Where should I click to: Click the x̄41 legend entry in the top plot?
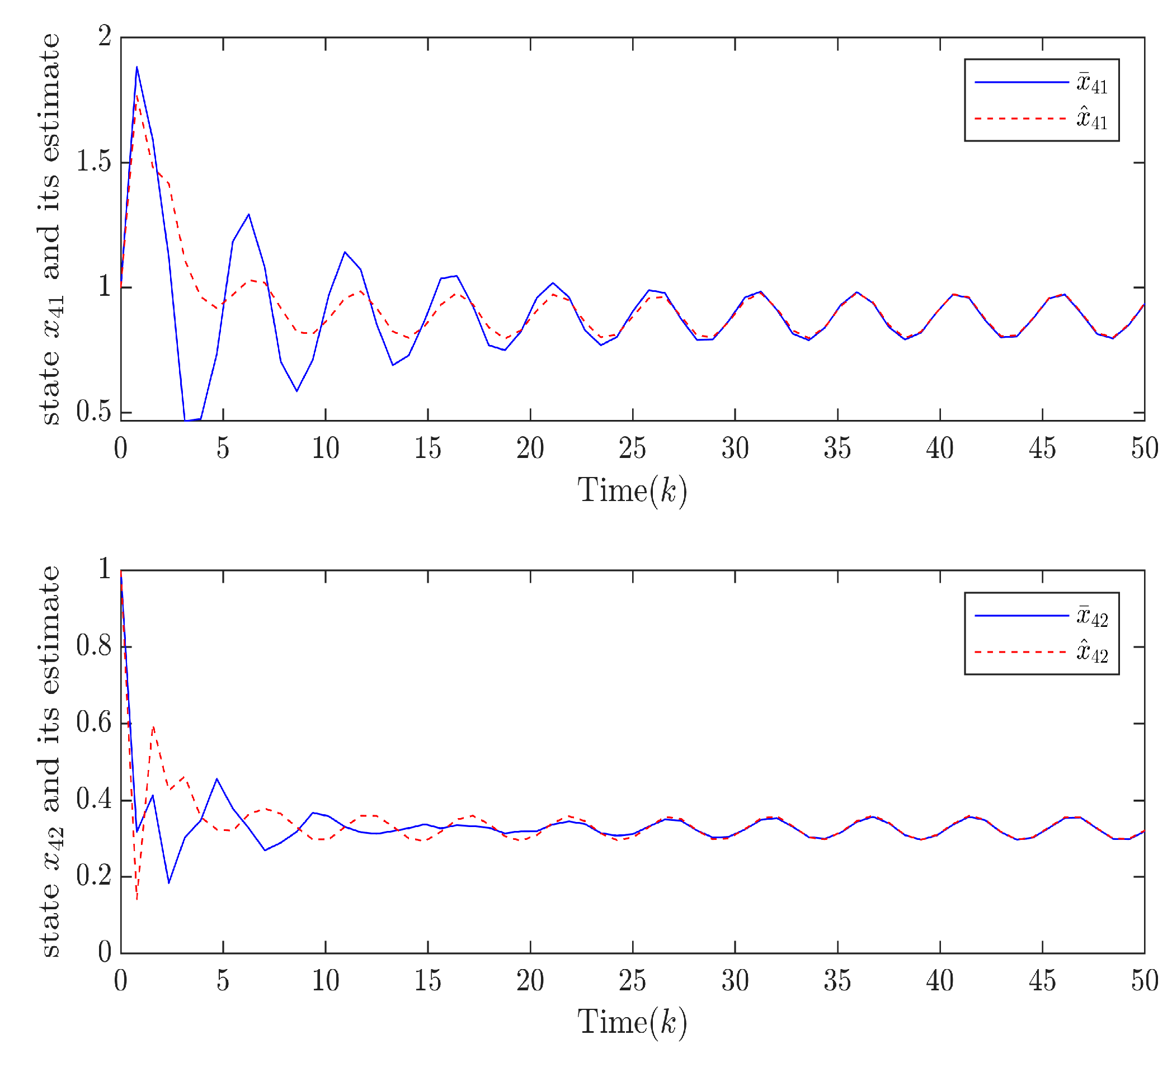pyautogui.click(x=1041, y=83)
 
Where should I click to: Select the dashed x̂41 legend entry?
pyautogui.click(x=1041, y=119)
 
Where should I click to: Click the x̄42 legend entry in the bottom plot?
pyautogui.click(x=1041, y=616)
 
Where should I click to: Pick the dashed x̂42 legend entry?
pyautogui.click(x=1041, y=652)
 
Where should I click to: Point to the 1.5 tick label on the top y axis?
pyautogui.click(x=94, y=162)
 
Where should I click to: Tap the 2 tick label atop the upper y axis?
pyautogui.click(x=105, y=37)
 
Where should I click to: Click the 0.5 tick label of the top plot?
pyautogui.click(x=94, y=412)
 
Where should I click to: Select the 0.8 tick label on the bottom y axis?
pyautogui.click(x=94, y=646)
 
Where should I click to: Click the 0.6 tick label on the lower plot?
pyautogui.click(x=94, y=723)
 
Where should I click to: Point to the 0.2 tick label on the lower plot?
pyautogui.click(x=94, y=876)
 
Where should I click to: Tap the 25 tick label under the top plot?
pyautogui.click(x=633, y=448)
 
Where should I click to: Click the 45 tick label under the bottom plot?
pyautogui.click(x=1042, y=981)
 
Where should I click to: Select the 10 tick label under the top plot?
pyautogui.click(x=326, y=448)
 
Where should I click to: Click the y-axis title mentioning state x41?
pyautogui.click(x=51, y=229)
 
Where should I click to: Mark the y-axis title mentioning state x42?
pyautogui.click(x=51, y=761)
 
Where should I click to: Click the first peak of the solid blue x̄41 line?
pyautogui.click(x=137, y=67)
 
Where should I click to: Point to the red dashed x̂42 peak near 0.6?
pyautogui.click(x=153, y=727)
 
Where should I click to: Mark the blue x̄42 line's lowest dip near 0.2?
pyautogui.click(x=169, y=883)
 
